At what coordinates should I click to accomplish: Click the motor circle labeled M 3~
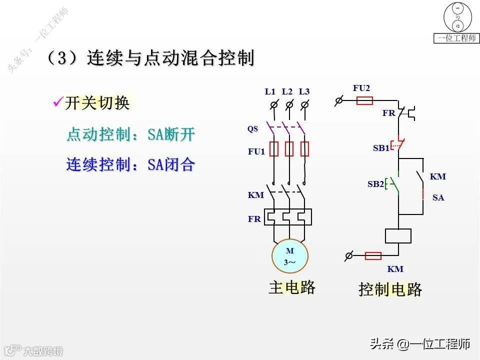click(x=290, y=256)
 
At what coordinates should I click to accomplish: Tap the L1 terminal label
click(x=270, y=91)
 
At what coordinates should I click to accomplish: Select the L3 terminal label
click(x=304, y=91)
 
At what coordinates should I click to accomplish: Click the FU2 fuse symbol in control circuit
click(x=364, y=101)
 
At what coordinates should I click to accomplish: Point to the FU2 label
click(x=361, y=88)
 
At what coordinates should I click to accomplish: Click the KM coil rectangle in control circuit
click(x=398, y=236)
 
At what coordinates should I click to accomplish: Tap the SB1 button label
click(x=380, y=148)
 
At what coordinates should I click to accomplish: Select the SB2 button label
click(x=375, y=184)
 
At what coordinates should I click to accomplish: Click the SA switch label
click(x=438, y=197)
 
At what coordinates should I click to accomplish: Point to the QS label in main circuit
click(x=252, y=129)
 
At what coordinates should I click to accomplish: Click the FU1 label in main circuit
click(x=256, y=151)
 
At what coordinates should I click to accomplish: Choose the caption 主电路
click(x=292, y=287)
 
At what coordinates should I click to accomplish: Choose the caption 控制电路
click(x=390, y=289)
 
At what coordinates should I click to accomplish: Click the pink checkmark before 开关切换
click(x=57, y=102)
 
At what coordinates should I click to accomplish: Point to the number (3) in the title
click(x=62, y=58)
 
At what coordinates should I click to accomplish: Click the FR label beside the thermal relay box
click(x=254, y=219)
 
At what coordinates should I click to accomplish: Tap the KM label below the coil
click(x=395, y=269)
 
